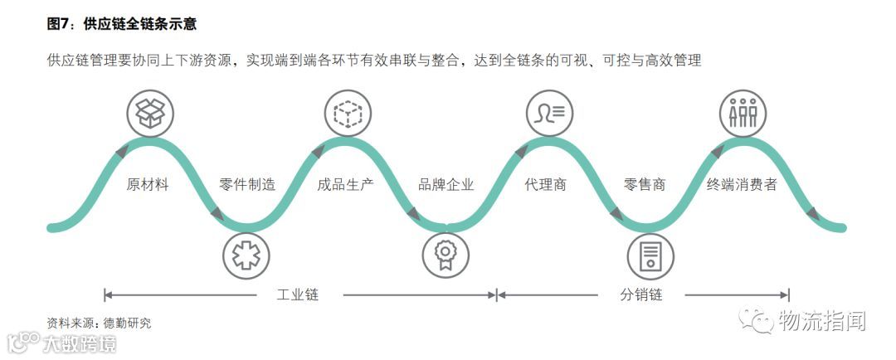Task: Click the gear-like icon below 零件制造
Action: [x=246, y=255]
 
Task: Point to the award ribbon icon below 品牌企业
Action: [x=446, y=255]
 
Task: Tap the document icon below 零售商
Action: [x=650, y=255]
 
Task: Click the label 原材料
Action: [x=148, y=185]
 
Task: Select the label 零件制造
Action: [x=247, y=185]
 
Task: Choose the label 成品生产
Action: [x=346, y=185]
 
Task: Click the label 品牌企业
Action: [x=446, y=185]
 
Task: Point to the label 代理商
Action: [x=546, y=185]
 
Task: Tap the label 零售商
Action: [x=645, y=185]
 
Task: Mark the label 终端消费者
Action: [x=743, y=185]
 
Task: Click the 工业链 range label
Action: [x=298, y=294]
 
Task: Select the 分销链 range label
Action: [x=640, y=294]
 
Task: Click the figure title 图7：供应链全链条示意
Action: [x=122, y=24]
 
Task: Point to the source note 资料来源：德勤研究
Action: [x=100, y=323]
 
